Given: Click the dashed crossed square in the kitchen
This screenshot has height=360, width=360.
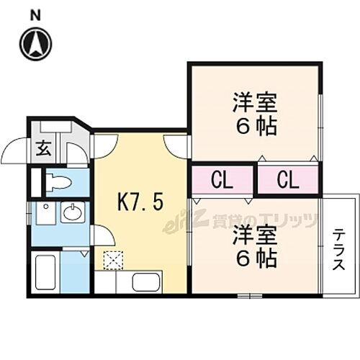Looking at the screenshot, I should tap(113, 258).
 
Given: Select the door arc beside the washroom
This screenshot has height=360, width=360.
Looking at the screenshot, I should tap(101, 235).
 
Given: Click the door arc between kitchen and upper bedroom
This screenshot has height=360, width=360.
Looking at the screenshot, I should tap(176, 145).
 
